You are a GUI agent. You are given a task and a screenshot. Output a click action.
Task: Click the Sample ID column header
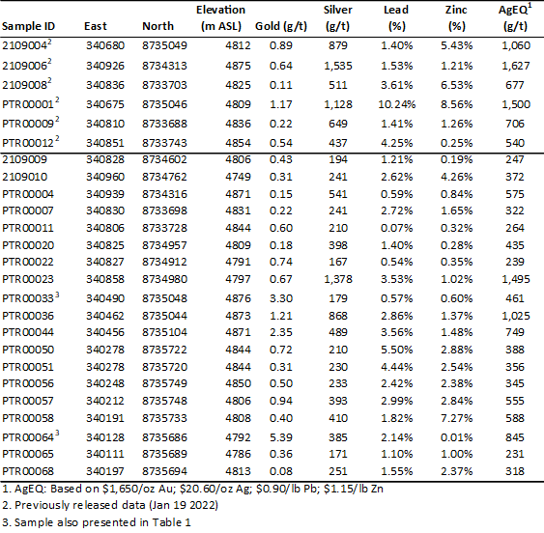pos(28,26)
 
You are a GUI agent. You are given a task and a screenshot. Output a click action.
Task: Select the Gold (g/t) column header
pos(281,26)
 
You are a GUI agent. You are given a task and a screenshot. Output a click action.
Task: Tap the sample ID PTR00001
pos(28,104)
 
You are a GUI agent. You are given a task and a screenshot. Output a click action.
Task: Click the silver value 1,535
pos(338,66)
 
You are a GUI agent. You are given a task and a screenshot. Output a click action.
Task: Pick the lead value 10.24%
pos(396,104)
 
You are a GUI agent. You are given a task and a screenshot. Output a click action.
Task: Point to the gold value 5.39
pos(281,437)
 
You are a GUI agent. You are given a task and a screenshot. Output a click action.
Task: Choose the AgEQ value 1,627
pos(516,66)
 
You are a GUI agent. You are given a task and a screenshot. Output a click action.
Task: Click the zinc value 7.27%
pos(457,418)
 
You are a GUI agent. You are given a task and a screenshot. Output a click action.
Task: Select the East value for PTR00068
pos(105,471)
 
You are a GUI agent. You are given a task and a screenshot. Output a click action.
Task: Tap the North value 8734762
pos(164,177)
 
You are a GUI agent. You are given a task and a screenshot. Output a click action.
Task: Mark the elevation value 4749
pos(238,177)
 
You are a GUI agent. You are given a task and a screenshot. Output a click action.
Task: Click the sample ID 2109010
pos(24,177)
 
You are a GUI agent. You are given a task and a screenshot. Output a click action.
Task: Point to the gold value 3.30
pos(281,298)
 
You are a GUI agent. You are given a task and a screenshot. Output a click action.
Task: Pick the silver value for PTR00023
pos(338,279)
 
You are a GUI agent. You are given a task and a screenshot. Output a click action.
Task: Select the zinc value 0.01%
pos(457,437)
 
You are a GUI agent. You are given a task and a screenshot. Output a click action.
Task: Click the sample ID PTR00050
pos(28,350)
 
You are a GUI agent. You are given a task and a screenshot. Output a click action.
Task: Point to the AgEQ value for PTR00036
pos(516,316)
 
